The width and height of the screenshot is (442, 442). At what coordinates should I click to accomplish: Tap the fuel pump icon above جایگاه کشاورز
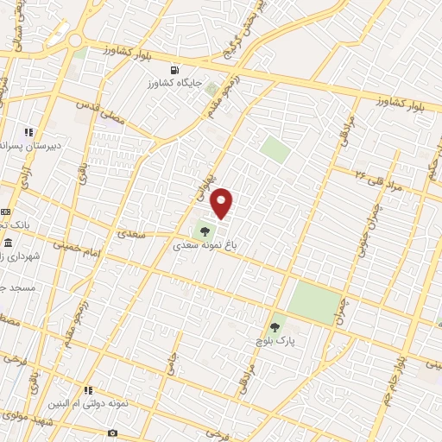[x=176, y=70]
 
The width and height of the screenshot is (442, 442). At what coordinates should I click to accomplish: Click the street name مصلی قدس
[x=101, y=112]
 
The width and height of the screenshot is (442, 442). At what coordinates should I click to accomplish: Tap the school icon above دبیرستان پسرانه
[x=28, y=132]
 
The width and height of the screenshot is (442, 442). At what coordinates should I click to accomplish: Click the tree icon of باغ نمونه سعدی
[x=205, y=230]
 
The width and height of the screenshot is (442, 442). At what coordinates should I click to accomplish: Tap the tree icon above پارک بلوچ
[x=275, y=326]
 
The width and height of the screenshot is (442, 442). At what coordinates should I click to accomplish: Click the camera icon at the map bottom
[x=112, y=432]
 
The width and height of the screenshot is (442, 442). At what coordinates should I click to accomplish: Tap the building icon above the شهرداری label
[x=8, y=241]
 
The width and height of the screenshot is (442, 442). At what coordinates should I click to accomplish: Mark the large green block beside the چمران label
[x=313, y=302]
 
